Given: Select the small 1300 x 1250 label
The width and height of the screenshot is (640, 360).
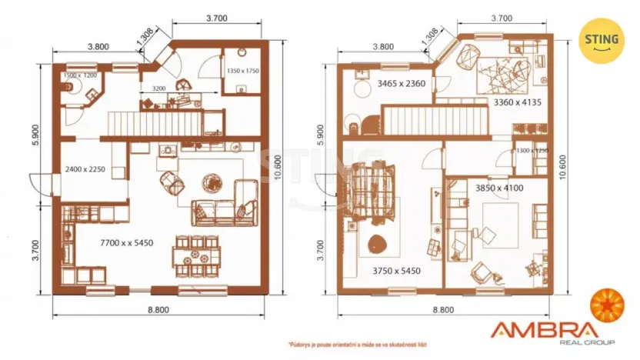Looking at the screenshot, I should pos(532,151).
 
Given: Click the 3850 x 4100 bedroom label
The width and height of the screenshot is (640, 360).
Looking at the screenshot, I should pos(501,187).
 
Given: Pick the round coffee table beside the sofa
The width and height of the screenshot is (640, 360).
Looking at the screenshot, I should pos(210,183).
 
